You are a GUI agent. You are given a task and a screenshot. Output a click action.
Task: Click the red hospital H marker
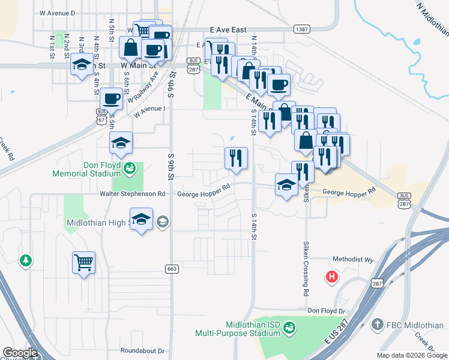click(x=331, y=277)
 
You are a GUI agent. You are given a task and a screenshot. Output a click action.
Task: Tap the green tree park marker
click(x=25, y=260)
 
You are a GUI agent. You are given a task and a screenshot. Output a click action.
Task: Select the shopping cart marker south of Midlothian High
click(x=84, y=262)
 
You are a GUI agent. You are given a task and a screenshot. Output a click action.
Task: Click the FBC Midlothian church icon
click(x=378, y=325)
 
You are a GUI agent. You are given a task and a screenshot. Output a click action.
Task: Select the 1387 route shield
click(x=302, y=28)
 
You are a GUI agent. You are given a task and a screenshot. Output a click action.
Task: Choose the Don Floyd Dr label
click(x=327, y=311)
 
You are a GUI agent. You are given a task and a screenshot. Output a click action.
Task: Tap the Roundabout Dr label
click(x=142, y=350)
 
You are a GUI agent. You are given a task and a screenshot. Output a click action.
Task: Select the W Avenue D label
click(x=57, y=12)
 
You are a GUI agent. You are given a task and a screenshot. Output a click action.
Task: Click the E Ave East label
click(x=229, y=29)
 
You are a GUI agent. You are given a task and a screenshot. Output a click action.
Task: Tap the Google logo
click(x=19, y=353)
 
